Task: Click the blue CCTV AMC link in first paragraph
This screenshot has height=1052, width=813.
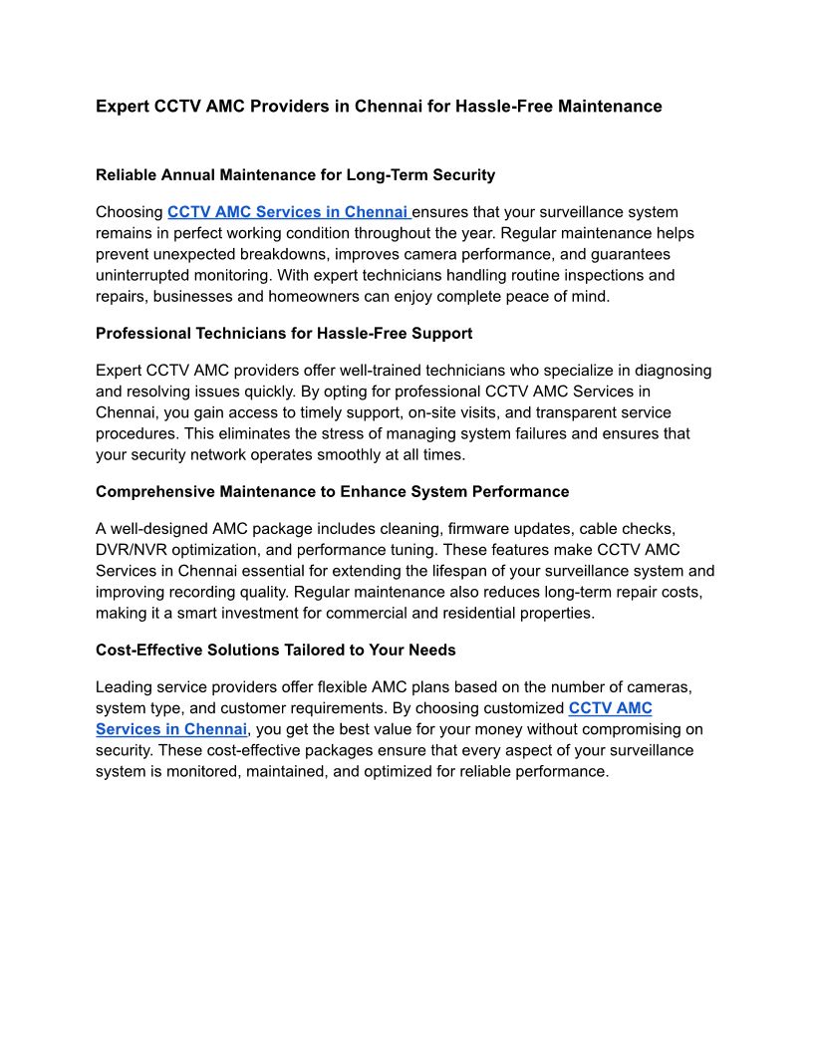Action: (288, 212)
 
